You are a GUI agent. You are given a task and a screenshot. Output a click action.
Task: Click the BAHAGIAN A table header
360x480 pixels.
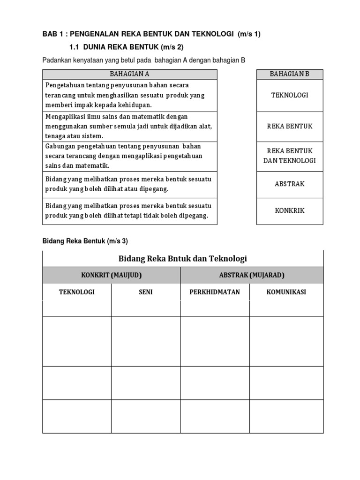[x=129, y=74]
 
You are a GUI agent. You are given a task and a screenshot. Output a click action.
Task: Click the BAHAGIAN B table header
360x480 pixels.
[x=289, y=74]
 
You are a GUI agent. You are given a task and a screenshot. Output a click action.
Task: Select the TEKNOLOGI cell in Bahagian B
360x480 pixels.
[x=289, y=95]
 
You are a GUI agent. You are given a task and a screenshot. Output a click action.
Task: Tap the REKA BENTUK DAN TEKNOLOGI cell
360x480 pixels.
[x=289, y=156]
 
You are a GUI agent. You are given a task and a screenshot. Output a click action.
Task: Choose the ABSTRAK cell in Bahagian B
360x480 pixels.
[x=289, y=184]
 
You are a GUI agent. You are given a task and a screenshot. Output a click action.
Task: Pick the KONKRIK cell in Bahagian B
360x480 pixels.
[x=289, y=210]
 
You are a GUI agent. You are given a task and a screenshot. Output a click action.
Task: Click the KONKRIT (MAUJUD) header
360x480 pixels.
[x=111, y=275]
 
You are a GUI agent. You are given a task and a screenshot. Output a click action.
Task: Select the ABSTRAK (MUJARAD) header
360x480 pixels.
[x=252, y=275]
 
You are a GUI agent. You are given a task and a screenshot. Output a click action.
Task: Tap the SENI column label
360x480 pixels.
[x=145, y=292]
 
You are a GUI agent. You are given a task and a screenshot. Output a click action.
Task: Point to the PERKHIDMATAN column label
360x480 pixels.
[x=215, y=292]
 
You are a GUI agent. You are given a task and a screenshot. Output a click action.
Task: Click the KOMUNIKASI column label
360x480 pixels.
[x=286, y=292]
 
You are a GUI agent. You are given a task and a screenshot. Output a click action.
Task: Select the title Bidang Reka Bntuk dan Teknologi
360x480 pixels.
[x=182, y=258]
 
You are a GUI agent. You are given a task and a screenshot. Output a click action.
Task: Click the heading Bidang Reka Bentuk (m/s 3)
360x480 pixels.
[x=85, y=241]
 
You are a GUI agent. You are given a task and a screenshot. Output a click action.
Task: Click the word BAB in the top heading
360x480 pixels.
[x=49, y=34]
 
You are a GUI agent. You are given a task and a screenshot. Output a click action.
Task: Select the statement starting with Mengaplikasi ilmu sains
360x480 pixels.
[x=128, y=126]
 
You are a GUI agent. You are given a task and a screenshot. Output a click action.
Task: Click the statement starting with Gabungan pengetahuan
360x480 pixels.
[x=124, y=156]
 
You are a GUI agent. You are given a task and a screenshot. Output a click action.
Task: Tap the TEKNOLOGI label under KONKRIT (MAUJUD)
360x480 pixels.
[x=76, y=292]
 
